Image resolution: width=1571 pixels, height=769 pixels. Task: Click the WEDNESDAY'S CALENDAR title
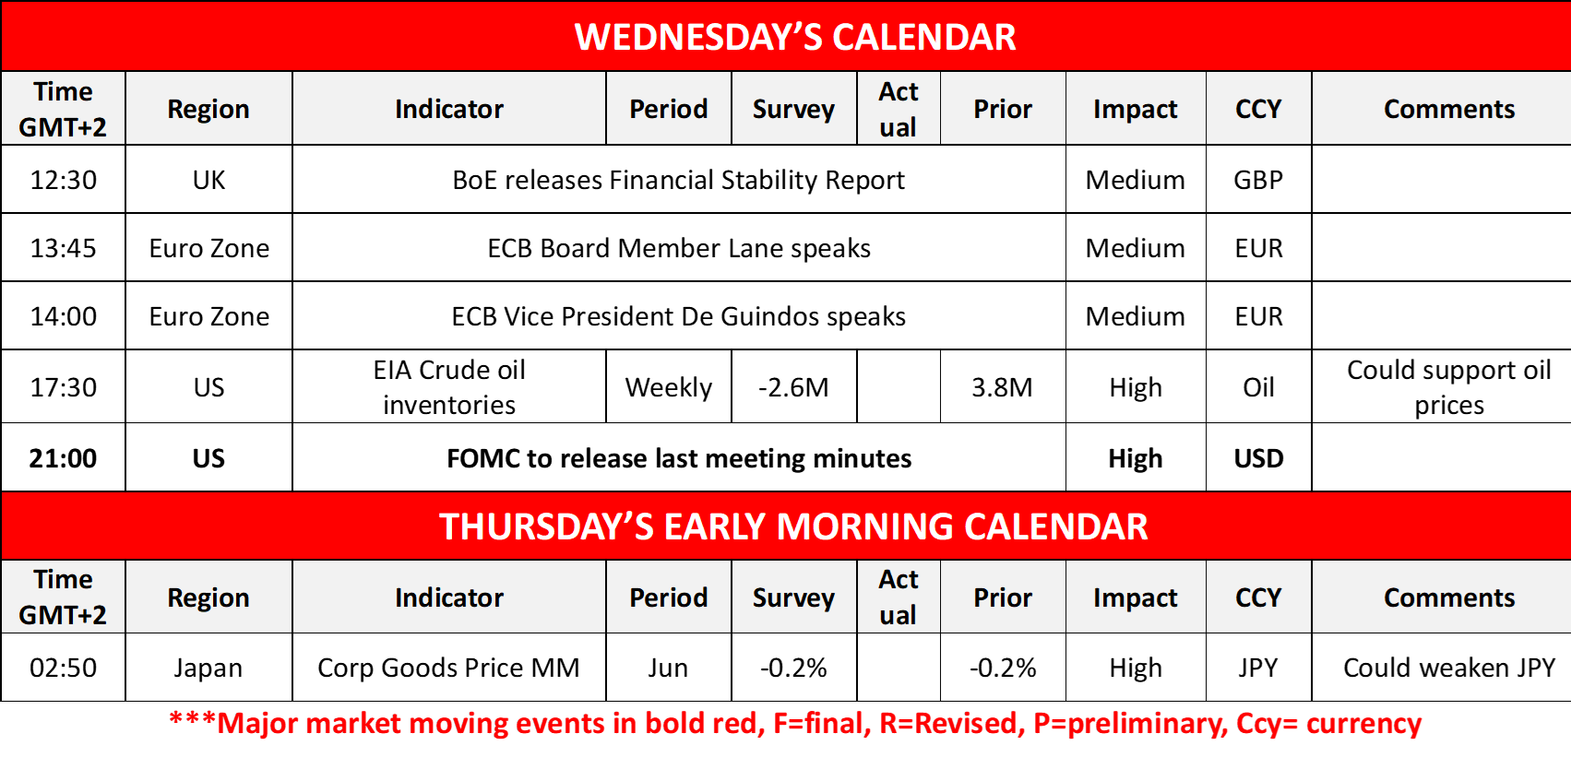pyautogui.click(x=794, y=37)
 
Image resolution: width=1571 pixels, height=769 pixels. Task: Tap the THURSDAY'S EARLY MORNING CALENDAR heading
pyautogui.click(x=793, y=526)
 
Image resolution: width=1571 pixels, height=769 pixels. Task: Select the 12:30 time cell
pyautogui.click(x=63, y=180)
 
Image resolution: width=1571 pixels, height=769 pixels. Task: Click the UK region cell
pyautogui.click(x=209, y=180)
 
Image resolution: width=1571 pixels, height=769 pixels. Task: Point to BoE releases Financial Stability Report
pyautogui.click(x=678, y=180)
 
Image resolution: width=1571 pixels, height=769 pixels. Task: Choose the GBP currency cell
pyautogui.click(x=1258, y=180)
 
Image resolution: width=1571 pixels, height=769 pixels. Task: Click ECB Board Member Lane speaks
pyautogui.click(x=679, y=248)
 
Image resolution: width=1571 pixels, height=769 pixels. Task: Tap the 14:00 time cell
pyautogui.click(x=63, y=317)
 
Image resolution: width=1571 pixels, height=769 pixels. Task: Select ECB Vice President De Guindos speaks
pyautogui.click(x=678, y=317)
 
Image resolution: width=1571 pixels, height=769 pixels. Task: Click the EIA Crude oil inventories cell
pyautogui.click(x=449, y=387)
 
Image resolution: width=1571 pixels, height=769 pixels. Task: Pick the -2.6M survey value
pyautogui.click(x=793, y=387)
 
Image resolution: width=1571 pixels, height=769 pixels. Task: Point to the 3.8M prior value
pyautogui.click(x=1002, y=387)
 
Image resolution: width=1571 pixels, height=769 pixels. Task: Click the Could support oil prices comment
pyautogui.click(x=1449, y=387)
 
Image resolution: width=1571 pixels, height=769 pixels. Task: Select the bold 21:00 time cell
pyautogui.click(x=63, y=458)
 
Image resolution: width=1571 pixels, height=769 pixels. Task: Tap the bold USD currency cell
pyautogui.click(x=1258, y=458)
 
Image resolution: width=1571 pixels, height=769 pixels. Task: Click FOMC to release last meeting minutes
pyautogui.click(x=679, y=458)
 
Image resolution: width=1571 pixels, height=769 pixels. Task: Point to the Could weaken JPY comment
pyautogui.click(x=1449, y=668)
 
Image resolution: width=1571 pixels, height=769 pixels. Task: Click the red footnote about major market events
pyautogui.click(x=795, y=724)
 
